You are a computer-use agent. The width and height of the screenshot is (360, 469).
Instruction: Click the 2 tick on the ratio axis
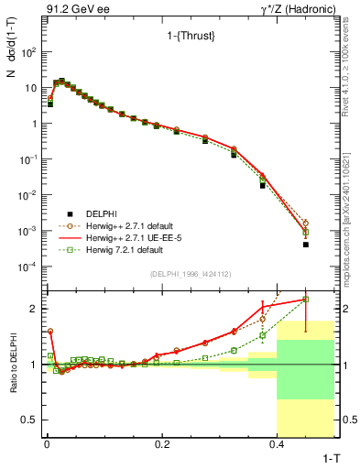(x=35, y=309)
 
